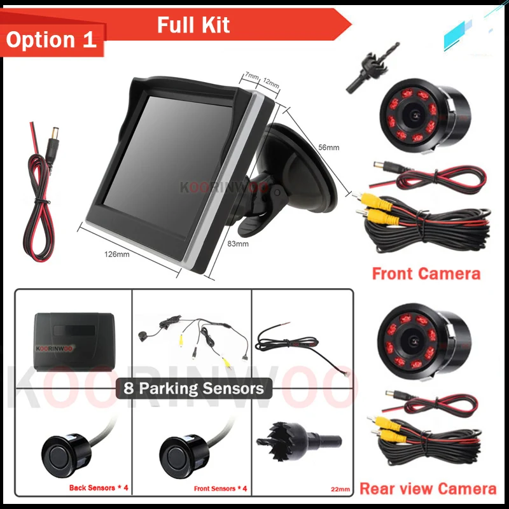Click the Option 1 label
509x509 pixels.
click(51, 39)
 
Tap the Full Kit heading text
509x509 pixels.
click(193, 25)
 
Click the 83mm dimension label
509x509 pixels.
click(237, 243)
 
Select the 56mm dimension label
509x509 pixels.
click(328, 148)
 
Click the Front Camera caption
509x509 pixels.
click(426, 274)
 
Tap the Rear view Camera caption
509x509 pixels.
click(428, 489)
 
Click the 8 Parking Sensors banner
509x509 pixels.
click(190, 387)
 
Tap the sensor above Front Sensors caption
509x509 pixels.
click(185, 451)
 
